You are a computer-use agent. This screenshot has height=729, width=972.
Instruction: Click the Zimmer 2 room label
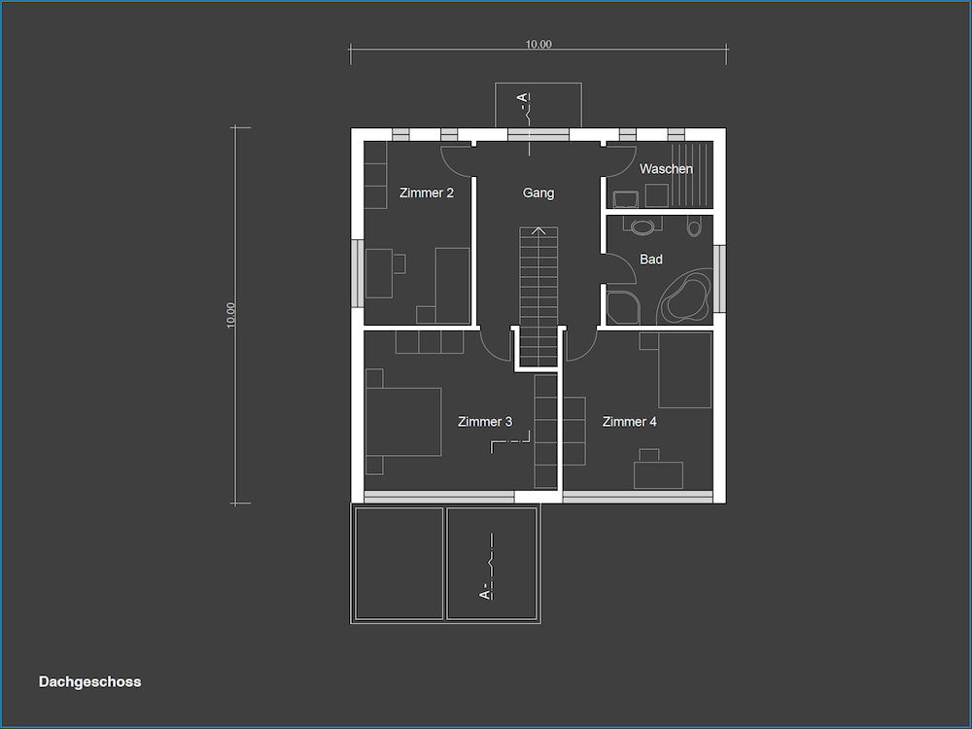(x=427, y=192)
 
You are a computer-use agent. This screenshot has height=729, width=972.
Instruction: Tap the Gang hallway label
(x=538, y=192)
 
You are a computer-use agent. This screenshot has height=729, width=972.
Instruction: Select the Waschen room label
(x=666, y=168)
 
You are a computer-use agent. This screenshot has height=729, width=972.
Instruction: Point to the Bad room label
(x=651, y=260)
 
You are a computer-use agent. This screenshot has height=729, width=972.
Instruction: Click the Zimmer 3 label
(x=485, y=422)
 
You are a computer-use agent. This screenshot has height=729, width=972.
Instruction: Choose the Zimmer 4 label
(x=629, y=422)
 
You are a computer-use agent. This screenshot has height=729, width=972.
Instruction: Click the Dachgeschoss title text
(x=89, y=682)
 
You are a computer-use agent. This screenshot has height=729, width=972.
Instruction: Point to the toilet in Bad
(x=694, y=226)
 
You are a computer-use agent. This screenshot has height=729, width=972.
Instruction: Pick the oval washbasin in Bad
(x=643, y=226)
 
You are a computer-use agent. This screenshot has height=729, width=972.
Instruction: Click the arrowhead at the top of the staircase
(x=538, y=230)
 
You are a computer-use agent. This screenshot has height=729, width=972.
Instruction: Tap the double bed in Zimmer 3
(x=403, y=422)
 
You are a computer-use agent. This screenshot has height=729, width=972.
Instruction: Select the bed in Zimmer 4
(x=684, y=370)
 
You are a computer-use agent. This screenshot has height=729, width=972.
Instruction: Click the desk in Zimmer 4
(x=658, y=475)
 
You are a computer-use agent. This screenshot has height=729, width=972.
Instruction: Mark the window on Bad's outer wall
(x=719, y=279)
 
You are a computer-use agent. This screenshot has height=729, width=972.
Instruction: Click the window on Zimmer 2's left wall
(x=358, y=273)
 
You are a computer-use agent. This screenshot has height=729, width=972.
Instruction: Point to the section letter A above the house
(x=523, y=98)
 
